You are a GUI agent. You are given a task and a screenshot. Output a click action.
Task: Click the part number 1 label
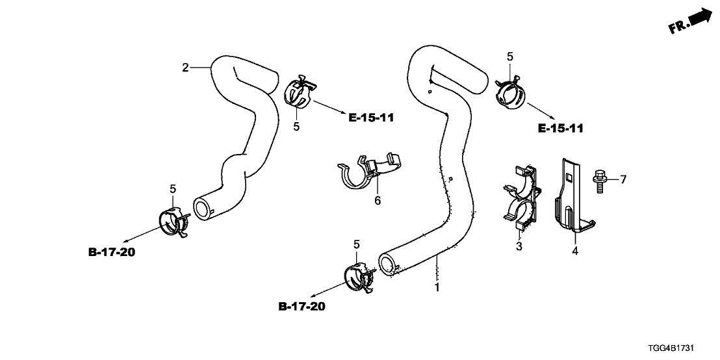[437, 287]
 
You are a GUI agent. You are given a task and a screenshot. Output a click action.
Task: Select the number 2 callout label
[185, 68]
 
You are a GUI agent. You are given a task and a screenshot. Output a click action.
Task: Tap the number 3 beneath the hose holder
[519, 246]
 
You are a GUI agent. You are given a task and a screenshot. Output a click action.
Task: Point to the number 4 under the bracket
[574, 248]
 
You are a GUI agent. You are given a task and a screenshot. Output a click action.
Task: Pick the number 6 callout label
[377, 201]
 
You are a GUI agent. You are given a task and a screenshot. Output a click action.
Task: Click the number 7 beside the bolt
[623, 179]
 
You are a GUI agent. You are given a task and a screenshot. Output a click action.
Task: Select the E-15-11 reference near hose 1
[560, 129]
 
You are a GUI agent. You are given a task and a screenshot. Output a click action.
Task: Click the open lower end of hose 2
[203, 208]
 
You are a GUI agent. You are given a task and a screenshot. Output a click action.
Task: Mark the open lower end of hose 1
[388, 264]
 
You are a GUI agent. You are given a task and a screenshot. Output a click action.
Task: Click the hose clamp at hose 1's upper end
[511, 91]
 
